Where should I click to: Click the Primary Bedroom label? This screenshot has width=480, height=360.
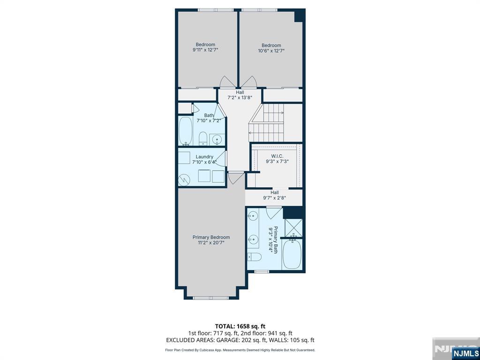pyautogui.click(x=211, y=237)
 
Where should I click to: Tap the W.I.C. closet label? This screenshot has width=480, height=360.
pyautogui.click(x=277, y=156)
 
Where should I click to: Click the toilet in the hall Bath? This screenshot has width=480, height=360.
pyautogui.click(x=203, y=139)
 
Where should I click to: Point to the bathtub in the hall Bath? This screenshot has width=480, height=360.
pyautogui.click(x=186, y=131)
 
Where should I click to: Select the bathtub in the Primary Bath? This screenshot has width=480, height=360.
pyautogui.click(x=292, y=254)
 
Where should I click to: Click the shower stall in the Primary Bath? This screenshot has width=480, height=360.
pyautogui.click(x=293, y=228)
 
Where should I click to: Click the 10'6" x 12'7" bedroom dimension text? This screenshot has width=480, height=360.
pyautogui.click(x=271, y=51)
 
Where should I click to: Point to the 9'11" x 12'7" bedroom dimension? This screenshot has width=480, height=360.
pyautogui.click(x=205, y=50)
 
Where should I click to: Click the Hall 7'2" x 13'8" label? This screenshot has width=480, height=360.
pyautogui.click(x=240, y=95)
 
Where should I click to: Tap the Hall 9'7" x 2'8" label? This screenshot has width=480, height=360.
pyautogui.click(x=274, y=195)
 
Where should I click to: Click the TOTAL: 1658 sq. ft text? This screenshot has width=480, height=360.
pyautogui.click(x=238, y=326)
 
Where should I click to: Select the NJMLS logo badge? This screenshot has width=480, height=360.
pyautogui.click(x=465, y=353)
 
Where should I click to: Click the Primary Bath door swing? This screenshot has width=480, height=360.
pyautogui.click(x=274, y=213)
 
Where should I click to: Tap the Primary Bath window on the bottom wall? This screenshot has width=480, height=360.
pyautogui.click(x=262, y=271)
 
